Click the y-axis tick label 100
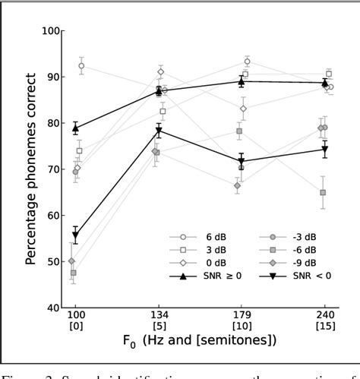tap(51, 31)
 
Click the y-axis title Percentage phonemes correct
tap(30, 169)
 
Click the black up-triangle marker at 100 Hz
tap(75, 128)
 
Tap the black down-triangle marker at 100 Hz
tap(75, 235)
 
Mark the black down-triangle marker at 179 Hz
tap(242, 162)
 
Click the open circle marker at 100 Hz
tap(81, 66)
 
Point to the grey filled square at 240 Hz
tap(323, 193)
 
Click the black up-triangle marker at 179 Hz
tap(242, 81)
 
